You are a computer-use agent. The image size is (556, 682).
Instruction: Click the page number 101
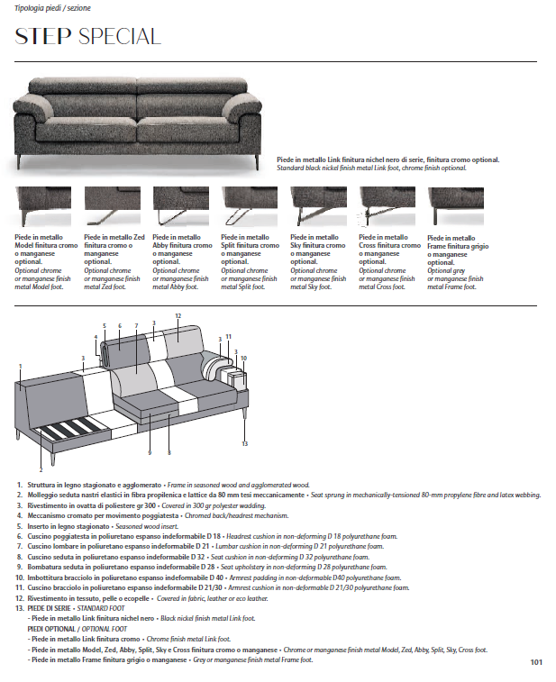point(536,663)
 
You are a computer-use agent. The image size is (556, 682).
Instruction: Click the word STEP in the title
point(43,37)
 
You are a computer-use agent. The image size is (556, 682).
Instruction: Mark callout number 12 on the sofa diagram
point(178,316)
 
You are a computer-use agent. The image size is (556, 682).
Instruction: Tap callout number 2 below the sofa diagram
point(41,470)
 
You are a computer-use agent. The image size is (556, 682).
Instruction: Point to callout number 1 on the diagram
point(19,366)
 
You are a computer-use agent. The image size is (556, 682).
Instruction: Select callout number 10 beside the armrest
point(243,358)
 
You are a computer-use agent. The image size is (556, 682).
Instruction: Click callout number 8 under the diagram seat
point(169,451)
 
